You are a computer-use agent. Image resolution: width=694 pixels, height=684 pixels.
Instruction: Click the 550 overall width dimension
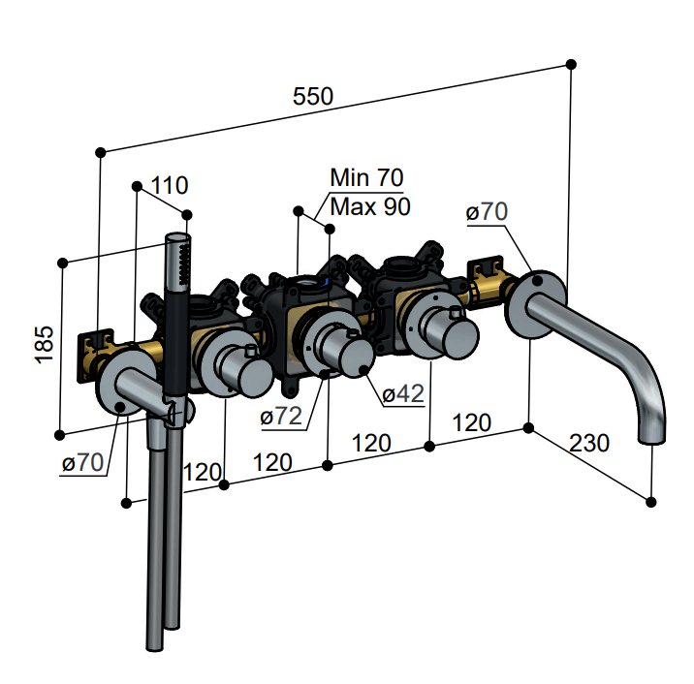pyautogui.click(x=313, y=96)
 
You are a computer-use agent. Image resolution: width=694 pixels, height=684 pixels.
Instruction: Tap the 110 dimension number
pyautogui.click(x=170, y=184)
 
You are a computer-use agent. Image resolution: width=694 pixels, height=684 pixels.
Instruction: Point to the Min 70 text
pyautogui.click(x=365, y=177)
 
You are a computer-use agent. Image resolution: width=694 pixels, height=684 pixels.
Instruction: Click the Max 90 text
pyautogui.click(x=369, y=205)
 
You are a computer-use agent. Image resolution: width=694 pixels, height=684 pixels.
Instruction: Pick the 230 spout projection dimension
pyautogui.click(x=589, y=443)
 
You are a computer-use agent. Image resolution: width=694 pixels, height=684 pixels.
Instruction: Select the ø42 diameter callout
pyautogui.click(x=403, y=394)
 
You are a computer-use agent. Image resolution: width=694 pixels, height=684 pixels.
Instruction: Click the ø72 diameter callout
pyautogui.click(x=282, y=417)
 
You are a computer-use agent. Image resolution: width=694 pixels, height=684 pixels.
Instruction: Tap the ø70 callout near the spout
pyautogui.click(x=487, y=212)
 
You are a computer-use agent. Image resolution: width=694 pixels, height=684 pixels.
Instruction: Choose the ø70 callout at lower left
pyautogui.click(x=82, y=463)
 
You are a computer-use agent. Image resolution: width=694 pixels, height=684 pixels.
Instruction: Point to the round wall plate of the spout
pyautogui.click(x=533, y=303)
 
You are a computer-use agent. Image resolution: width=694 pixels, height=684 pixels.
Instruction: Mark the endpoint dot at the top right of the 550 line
pyautogui.click(x=571, y=64)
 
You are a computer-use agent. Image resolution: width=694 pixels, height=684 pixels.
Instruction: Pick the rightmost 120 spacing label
pyautogui.click(x=471, y=423)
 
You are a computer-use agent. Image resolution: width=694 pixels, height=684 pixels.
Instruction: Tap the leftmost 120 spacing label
pyautogui.click(x=202, y=473)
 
